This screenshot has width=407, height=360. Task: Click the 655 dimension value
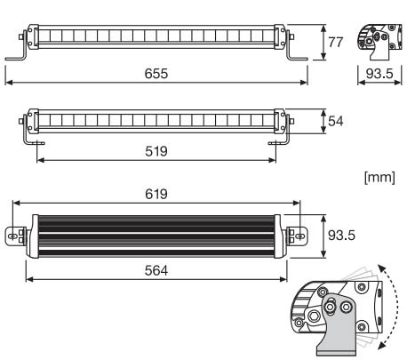[x=156, y=74]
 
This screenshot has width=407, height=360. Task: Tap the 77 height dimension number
[x=335, y=42]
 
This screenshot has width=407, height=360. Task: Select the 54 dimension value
[x=336, y=121]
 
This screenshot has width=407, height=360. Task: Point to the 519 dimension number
[x=156, y=151]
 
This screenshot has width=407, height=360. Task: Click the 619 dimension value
[x=156, y=194]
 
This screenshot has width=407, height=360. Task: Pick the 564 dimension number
[x=156, y=270]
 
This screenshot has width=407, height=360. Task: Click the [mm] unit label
[x=379, y=178]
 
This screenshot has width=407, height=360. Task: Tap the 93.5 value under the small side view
[x=379, y=74]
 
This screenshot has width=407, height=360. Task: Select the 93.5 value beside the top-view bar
[x=341, y=236]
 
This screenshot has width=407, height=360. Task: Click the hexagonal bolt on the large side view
[x=312, y=316]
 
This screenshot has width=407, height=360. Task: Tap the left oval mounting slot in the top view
[x=12, y=236]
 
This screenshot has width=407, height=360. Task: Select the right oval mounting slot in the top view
[x=300, y=236]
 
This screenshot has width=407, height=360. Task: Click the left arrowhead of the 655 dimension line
[x=9, y=83]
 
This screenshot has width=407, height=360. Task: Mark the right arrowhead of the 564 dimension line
[x=283, y=279]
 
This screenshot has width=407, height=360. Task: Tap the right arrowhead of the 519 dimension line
[x=273, y=160]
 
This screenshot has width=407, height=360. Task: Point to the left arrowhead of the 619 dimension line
[x=16, y=203]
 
